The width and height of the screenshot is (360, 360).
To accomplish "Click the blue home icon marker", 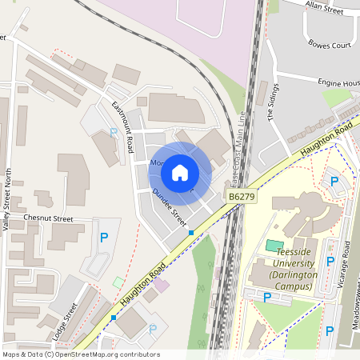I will point(180,172).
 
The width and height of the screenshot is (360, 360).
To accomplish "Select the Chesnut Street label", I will point(48,218).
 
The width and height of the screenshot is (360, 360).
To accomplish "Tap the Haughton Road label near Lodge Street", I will point(143,284).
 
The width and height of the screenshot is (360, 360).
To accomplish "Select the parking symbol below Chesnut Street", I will point(103,237).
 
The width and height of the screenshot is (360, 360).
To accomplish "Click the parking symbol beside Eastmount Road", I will point(113,132).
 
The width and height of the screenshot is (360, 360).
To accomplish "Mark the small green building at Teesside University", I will point(274,245).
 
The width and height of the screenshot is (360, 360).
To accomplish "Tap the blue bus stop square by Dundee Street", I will point(191,232).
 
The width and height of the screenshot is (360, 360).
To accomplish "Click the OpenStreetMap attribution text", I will point(81,354).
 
